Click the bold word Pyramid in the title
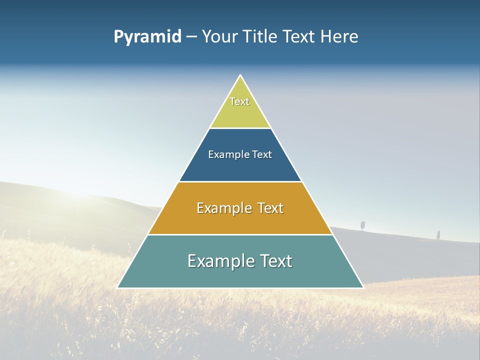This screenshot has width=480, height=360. point(147,36)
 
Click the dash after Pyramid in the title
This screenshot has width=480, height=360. point(191,37)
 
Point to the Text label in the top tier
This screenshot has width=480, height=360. point(239,101)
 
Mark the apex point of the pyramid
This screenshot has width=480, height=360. point(240,75)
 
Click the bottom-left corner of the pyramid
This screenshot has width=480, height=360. point(118,287)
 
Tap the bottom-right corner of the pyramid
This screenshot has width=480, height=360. point(363,287)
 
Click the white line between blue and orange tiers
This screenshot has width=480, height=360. point(240,181)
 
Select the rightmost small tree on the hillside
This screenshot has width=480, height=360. point(438,234)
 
